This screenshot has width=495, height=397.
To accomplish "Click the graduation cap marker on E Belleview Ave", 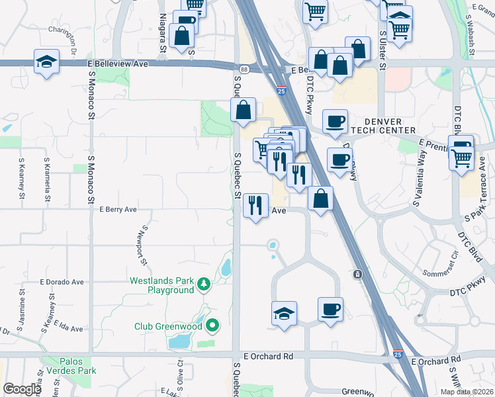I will pyautogui.click(x=46, y=62).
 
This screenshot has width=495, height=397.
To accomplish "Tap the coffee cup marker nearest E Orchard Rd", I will pyautogui.click(x=330, y=309).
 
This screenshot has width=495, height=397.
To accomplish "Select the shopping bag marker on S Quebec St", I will pyautogui.click(x=244, y=109).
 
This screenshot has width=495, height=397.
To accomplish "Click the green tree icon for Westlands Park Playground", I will pyautogui.click(x=204, y=285).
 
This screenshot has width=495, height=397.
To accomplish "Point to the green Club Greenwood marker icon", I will pyautogui.click(x=212, y=326).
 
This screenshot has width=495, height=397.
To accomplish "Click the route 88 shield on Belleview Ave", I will pyautogui.click(x=244, y=69).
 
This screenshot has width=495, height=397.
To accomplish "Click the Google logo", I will pyautogui.click(x=22, y=389).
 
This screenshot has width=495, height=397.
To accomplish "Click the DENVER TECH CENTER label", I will pyautogui.click(x=390, y=126).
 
